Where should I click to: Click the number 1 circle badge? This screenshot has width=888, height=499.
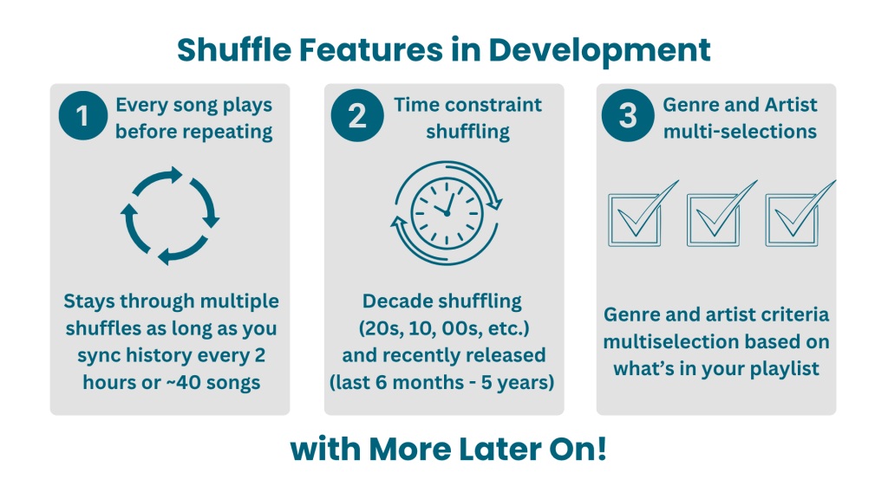[x=82, y=116]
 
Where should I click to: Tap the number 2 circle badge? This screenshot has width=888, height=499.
[x=357, y=115]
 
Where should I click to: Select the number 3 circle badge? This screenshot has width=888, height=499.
[x=628, y=115]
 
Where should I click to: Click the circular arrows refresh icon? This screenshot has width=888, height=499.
[x=170, y=216]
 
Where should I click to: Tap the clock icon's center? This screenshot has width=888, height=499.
[x=447, y=213]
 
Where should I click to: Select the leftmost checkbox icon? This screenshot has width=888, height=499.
[x=643, y=214]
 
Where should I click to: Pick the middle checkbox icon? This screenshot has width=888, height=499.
[x=721, y=214]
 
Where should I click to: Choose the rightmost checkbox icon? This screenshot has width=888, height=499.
[x=800, y=214]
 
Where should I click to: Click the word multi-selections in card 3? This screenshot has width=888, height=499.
[x=741, y=132]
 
